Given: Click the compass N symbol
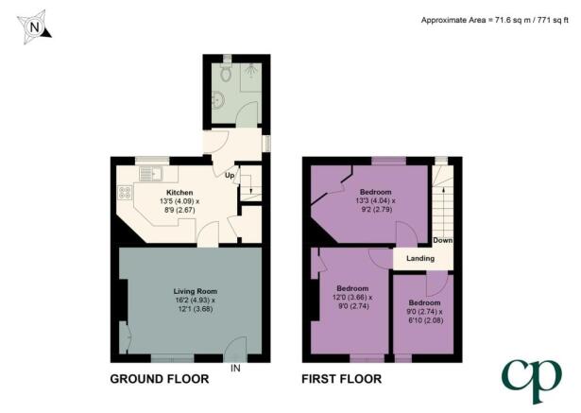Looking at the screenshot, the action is point(34,27).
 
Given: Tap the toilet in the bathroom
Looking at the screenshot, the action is point(225,72).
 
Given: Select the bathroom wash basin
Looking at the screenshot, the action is point(217,100).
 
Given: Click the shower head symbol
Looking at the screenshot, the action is point(251,70).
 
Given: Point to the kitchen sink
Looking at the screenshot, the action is point(151,174).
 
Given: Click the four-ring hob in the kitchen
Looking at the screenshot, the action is point(125,193).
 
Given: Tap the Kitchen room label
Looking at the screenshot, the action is point(179,193).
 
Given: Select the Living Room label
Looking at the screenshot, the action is point(196,291).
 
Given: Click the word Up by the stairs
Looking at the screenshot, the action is point(230,175).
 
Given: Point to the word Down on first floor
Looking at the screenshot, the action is point(443,240).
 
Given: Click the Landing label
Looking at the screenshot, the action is point(420,258).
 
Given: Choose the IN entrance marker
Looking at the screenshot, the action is point(235,368).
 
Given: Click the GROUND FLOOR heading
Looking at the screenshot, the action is point(160,379).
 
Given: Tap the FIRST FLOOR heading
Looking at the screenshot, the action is point(342,379).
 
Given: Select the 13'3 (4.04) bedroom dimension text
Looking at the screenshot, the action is point(376,201).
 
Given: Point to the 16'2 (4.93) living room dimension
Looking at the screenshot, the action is point(196,300).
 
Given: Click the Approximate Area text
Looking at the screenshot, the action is point(495,20).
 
